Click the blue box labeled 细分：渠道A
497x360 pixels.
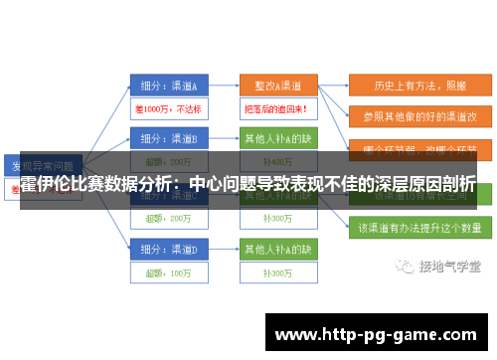[x=169, y=85]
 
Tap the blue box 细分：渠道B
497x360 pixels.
[x=169, y=137]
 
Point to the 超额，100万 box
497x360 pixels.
[x=168, y=271]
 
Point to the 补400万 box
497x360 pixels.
[x=277, y=161]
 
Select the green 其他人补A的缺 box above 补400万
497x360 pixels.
[x=277, y=137]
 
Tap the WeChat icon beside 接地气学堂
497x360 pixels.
[x=405, y=267]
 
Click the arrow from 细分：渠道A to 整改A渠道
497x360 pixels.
[x=224, y=86]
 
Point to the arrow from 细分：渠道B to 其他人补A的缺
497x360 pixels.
[x=224, y=137]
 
